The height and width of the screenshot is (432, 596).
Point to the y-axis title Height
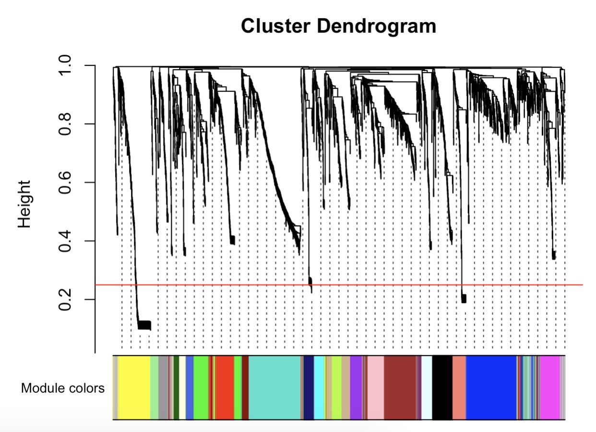pyautogui.click(x=24, y=204)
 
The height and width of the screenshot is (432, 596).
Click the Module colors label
pyautogui.click(x=63, y=388)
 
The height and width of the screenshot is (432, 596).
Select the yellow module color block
pyautogui.click(x=134, y=388)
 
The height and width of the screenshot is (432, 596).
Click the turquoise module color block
pyautogui.click(x=274, y=388)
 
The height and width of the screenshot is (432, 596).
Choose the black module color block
pyautogui.click(x=442, y=388)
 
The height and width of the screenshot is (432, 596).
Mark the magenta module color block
pyautogui.click(x=549, y=388)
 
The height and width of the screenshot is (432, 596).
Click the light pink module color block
pyautogui.click(x=375, y=388)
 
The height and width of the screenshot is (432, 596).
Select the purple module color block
pyautogui.click(x=356, y=388)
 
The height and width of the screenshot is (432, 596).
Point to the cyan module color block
pyautogui.click(x=320, y=388)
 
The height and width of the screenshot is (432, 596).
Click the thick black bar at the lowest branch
pyautogui.click(x=144, y=325)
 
